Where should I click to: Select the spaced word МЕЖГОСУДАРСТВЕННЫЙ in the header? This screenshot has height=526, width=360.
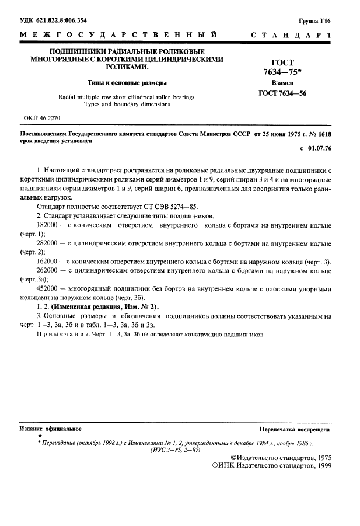pos(120,36)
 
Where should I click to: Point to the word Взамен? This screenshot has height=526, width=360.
pos(282,83)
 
